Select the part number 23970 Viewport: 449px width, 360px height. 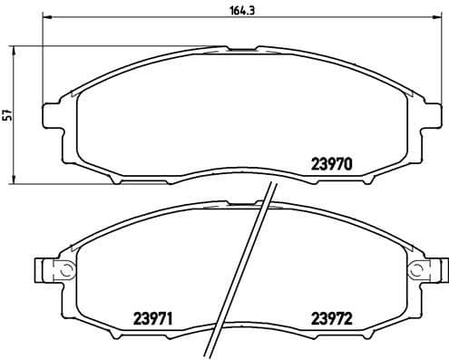pyautogui.click(x=331, y=164)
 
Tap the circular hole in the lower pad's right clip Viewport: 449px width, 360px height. pyautogui.click(x=416, y=269)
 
